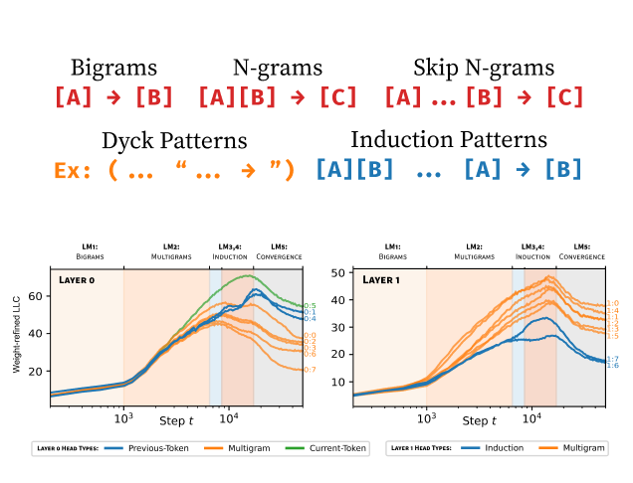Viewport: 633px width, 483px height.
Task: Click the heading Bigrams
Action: click(x=113, y=68)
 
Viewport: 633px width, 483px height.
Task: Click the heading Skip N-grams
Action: click(x=484, y=68)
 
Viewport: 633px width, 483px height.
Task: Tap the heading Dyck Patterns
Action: click(x=173, y=140)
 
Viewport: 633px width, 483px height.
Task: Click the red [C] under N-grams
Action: click(x=339, y=97)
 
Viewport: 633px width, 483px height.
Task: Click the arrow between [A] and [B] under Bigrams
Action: click(x=114, y=97)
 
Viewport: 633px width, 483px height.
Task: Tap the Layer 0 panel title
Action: click(x=76, y=280)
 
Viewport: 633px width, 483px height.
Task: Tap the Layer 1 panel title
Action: click(x=382, y=280)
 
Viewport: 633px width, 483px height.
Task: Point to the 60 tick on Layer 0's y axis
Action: click(x=41, y=296)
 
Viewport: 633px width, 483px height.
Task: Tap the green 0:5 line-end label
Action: click(x=309, y=305)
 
